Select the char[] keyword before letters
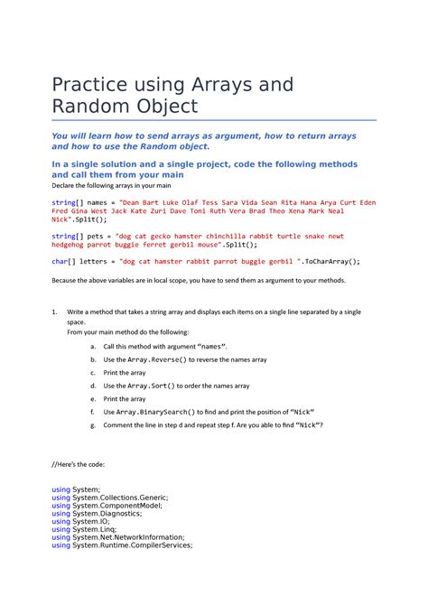click(63, 261)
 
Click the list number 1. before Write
click(55, 312)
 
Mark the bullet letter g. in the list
click(93, 424)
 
